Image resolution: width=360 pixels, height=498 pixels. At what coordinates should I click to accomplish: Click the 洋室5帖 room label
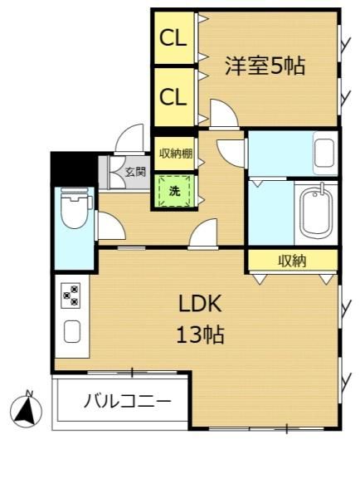pyautogui.click(x=265, y=66)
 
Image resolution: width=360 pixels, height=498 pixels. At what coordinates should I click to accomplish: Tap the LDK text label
pyautogui.click(x=200, y=304)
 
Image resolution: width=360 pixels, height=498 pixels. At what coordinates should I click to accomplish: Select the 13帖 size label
pyautogui.click(x=200, y=334)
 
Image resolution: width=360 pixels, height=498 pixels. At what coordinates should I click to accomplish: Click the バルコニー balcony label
pyautogui.click(x=128, y=401)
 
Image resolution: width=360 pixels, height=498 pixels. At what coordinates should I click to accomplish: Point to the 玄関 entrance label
pyautogui.click(x=135, y=172)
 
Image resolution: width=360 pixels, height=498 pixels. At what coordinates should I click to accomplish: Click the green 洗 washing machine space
pyautogui.click(x=174, y=191)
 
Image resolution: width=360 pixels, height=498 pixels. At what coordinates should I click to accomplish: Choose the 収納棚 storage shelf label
pyautogui.click(x=176, y=154)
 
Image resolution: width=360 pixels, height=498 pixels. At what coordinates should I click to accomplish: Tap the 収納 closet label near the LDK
pyautogui.click(x=292, y=261)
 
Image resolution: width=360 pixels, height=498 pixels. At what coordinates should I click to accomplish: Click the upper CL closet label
pyautogui.click(x=173, y=38)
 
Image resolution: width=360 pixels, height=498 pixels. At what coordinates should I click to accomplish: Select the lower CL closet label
pyautogui.click(x=173, y=96)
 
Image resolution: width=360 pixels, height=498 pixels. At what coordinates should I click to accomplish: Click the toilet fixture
pyautogui.click(x=75, y=208)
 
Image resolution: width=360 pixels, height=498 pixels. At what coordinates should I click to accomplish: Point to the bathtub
pyautogui.click(x=316, y=212)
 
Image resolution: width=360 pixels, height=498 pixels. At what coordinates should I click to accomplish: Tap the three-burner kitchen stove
pyautogui.click(x=71, y=295)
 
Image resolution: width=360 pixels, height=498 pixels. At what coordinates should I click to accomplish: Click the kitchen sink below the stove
pyautogui.click(x=72, y=331)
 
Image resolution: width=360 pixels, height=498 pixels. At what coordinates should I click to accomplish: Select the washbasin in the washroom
pyautogui.click(x=324, y=153)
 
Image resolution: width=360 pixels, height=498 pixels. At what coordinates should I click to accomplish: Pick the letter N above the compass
pyautogui.click(x=30, y=393)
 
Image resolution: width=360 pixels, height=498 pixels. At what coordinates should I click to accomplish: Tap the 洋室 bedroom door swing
pyautogui.click(x=223, y=114)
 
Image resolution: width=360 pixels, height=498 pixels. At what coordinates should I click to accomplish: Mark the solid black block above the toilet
pyautogui.click(x=75, y=169)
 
